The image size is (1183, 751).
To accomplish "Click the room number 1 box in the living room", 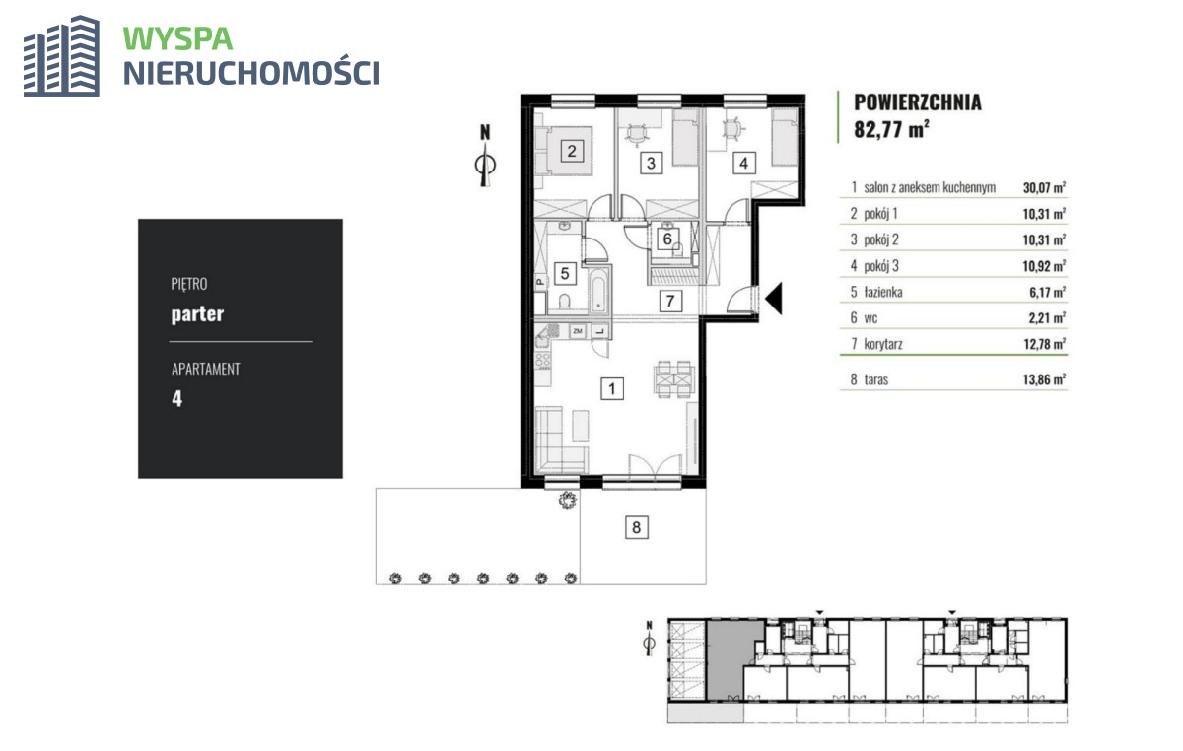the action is click(612, 389).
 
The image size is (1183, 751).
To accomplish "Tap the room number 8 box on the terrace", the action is click(637, 527).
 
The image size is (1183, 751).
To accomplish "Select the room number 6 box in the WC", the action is click(667, 239).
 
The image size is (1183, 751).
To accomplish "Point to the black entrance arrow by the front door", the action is click(774, 299).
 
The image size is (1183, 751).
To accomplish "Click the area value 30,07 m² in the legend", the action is click(1044, 187).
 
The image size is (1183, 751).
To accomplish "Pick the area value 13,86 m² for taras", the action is click(1044, 379).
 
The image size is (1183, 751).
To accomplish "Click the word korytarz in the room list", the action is click(883, 344).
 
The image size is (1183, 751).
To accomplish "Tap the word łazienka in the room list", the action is click(883, 292).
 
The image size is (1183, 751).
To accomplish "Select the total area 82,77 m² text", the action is click(891, 129).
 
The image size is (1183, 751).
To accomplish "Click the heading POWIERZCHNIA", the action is click(918, 102).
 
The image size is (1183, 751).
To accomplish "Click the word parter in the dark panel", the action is click(197, 314).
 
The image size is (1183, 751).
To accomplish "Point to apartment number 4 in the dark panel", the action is click(176, 398).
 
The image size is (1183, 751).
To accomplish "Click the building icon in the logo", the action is click(61, 56).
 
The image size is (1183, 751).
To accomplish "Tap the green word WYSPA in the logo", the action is click(178, 39).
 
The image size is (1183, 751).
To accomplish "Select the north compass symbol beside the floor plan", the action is click(485, 156).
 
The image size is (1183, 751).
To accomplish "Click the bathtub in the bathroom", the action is click(599, 291).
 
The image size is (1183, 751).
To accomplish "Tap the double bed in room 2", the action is click(564, 151).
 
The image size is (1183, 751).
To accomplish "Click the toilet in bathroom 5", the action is click(565, 302).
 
